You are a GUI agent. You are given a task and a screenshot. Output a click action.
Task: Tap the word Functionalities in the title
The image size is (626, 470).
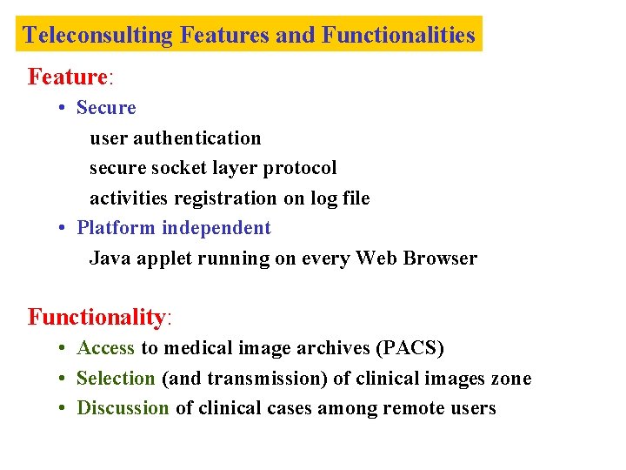(x=398, y=36)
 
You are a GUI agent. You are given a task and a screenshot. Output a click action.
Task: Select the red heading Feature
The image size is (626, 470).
(x=68, y=77)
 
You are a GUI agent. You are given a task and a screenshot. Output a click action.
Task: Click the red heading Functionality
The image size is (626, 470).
(x=97, y=317)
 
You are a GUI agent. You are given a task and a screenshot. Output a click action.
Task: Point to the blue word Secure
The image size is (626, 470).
(x=106, y=108)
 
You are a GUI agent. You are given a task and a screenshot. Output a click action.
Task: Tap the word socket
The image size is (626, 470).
(x=177, y=168)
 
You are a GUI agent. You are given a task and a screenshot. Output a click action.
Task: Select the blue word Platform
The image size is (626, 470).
(x=116, y=228)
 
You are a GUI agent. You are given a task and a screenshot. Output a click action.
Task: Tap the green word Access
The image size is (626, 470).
(x=105, y=349)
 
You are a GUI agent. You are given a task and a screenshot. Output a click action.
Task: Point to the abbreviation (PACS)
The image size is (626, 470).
(x=409, y=349)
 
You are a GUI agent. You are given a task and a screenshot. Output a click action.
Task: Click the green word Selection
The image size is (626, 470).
(x=116, y=379)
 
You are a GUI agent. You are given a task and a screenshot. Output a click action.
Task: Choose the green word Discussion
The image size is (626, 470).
(x=123, y=408)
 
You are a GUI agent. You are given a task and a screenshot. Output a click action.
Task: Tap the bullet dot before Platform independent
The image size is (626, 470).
(x=64, y=229)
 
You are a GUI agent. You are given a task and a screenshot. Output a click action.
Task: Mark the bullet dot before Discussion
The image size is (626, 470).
(x=64, y=409)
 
